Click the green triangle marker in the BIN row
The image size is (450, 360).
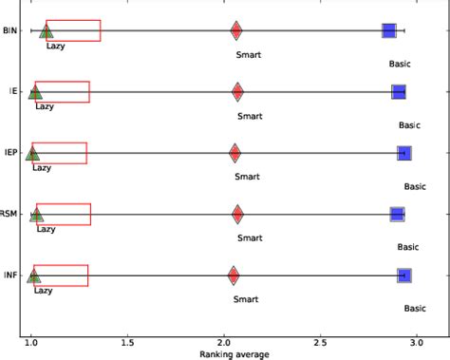tap(46, 31)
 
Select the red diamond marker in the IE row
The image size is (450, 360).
tap(237, 91)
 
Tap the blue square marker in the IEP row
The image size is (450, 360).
tap(404, 153)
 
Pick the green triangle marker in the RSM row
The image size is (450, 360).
tap(36, 215)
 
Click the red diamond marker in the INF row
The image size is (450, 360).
tap(234, 275)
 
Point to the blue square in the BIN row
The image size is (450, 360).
tap(389, 31)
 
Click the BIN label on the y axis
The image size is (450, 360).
tap(9, 31)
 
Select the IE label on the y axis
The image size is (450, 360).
tap(12, 92)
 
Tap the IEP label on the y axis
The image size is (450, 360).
tap(9, 153)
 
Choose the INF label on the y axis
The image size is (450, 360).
tap(9, 275)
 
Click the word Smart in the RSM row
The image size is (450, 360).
tap(250, 238)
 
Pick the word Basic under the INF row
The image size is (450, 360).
tap(415, 308)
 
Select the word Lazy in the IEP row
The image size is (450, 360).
tap(42, 168)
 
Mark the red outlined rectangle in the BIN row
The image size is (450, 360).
tap(73, 30)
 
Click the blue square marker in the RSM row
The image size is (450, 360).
tap(397, 215)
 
